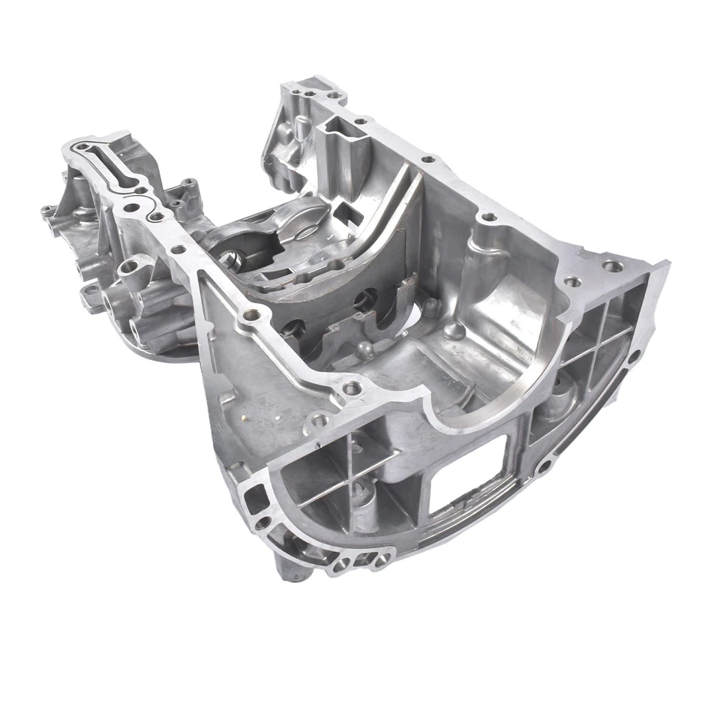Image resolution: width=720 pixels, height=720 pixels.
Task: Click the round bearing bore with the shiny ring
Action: [238, 260]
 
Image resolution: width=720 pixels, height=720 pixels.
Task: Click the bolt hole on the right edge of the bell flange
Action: [634, 358]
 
